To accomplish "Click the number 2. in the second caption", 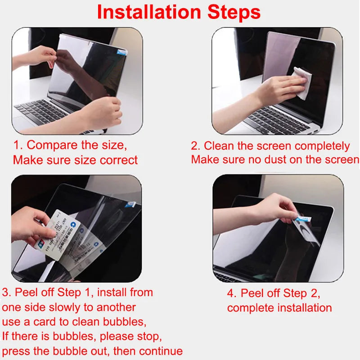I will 196,146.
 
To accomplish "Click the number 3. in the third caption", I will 7,292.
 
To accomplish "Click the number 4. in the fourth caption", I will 232,293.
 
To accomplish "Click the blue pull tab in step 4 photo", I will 303,219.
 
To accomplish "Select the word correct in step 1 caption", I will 117,160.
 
